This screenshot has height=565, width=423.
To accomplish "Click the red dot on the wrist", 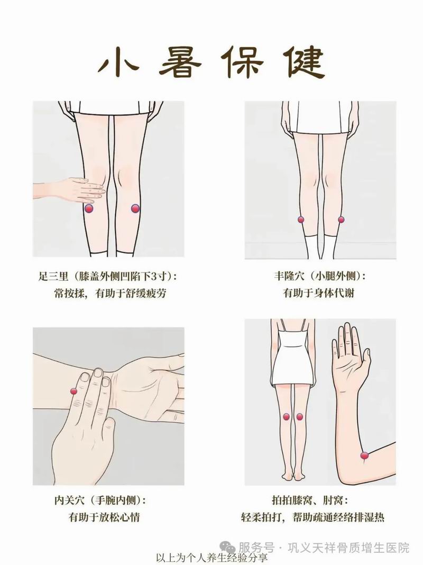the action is (73, 391).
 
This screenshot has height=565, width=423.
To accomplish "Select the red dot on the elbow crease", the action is (364, 455).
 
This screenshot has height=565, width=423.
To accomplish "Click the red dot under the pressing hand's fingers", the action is (89, 208).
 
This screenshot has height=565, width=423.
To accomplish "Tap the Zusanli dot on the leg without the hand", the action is (135, 208).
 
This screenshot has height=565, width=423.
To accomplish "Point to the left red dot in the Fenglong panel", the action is (301, 219).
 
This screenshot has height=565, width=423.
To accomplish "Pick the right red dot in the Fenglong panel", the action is (341, 219).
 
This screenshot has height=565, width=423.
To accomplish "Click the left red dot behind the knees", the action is (286, 416).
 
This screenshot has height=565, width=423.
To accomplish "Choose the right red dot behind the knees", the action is (299, 416).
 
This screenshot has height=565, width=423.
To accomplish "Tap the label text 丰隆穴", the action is (289, 277).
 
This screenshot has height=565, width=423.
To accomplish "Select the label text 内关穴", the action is (69, 500).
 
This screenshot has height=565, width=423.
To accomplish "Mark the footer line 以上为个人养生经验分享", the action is (212, 558).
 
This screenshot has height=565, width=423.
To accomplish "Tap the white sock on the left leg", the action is (310, 247).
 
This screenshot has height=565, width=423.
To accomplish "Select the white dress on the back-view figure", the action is (292, 357).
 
